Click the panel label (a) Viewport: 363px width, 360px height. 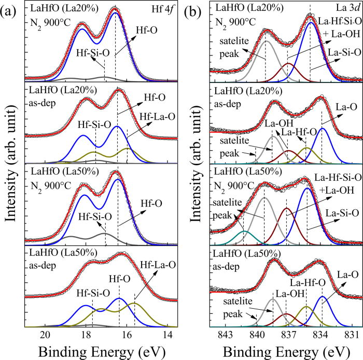pos(11,9)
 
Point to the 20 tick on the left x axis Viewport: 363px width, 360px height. pos(46,334)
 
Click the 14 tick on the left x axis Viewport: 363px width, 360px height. pos(167,334)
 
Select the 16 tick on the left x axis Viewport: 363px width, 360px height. pos(127,334)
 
